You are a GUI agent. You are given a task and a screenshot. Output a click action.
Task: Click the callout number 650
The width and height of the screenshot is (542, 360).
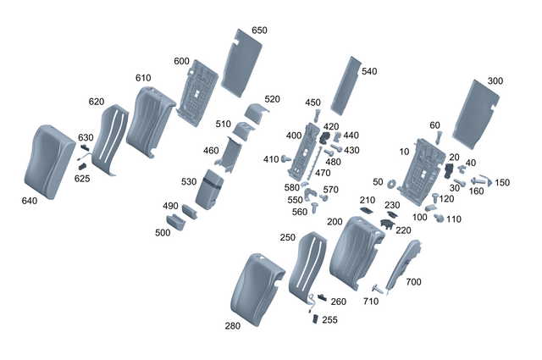259,30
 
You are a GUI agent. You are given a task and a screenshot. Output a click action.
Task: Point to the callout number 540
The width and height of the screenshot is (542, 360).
368,72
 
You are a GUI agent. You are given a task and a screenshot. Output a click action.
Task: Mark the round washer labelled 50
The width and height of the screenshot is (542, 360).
395,182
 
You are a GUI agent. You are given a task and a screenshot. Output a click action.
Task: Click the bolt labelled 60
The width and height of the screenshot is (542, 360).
437,138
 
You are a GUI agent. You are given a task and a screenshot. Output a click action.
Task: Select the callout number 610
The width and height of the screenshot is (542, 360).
143,78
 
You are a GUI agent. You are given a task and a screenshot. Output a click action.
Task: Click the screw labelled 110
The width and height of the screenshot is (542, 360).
440,218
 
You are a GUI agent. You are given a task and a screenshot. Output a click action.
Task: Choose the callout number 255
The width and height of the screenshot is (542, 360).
330,320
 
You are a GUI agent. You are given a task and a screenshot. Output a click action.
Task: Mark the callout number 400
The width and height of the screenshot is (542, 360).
294,136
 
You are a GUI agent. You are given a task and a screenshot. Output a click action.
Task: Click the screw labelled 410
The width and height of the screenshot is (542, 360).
287,159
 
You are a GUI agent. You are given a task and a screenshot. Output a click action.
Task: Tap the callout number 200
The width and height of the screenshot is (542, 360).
335,222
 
